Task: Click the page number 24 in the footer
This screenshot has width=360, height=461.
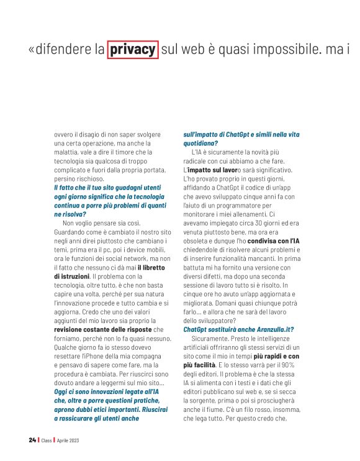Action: coord(32,440)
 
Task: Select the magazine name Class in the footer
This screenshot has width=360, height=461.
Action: coord(48,440)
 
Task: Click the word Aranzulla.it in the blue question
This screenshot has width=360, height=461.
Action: coord(263,329)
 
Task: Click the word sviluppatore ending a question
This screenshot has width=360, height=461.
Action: coord(209,320)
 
